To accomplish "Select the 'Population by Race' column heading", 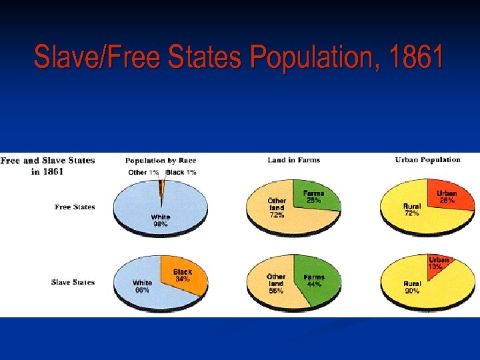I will [161, 161].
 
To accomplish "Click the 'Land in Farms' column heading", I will [294, 160].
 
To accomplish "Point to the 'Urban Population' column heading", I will [427, 160].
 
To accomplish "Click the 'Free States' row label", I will [75, 207].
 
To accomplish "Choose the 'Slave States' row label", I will [73, 283].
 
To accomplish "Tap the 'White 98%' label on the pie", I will [161, 221].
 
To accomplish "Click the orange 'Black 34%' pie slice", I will [183, 276].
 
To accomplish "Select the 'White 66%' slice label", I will [142, 287].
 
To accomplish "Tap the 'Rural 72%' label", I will [412, 210].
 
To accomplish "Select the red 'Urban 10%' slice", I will [438, 263].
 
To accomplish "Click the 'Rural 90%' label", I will [412, 287].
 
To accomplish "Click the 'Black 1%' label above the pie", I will [181, 173].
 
